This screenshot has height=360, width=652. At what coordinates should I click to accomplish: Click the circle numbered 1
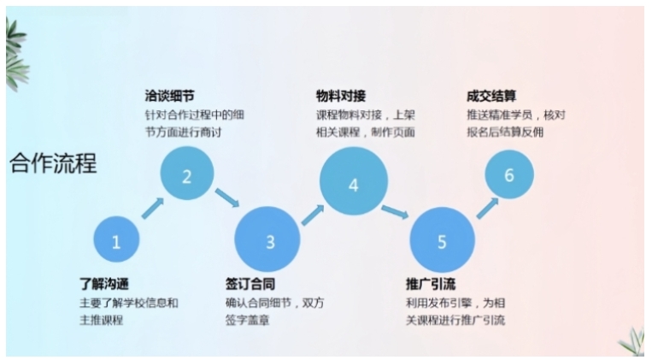pos(116,239)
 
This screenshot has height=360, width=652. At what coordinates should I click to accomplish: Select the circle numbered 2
pos(187,173)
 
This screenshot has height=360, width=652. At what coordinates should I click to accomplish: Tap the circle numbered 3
pos(267,239)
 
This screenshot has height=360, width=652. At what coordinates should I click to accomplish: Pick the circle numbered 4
pos(354,181)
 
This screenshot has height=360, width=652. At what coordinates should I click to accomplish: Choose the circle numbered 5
pos(443,239)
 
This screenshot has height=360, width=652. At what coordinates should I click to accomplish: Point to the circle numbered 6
pos(509,174)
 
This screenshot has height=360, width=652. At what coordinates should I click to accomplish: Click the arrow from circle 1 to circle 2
pos(153,208)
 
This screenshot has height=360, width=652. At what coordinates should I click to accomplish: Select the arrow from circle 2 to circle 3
pos(227,198)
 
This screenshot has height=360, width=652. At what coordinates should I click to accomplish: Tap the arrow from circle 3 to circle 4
pos(313,215)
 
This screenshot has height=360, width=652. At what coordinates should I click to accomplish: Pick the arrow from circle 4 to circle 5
pos(395,212)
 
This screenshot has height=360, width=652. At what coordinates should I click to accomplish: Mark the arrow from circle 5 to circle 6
pos(487,208)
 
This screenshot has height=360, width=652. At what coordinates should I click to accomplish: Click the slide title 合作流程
pos(53,162)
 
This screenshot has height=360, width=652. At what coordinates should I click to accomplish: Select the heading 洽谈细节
pos(170,96)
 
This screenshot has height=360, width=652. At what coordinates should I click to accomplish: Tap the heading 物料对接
pos(341,96)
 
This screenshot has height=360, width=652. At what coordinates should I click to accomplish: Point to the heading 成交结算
pos(491,96)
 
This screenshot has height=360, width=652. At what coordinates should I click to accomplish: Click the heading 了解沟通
pos(104,284)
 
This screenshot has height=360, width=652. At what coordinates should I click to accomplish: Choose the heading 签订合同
pos(250,284)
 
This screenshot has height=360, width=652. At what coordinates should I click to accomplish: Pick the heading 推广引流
pos(431,284)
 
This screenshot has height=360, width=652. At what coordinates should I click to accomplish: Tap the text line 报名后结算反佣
pos(505,132)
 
